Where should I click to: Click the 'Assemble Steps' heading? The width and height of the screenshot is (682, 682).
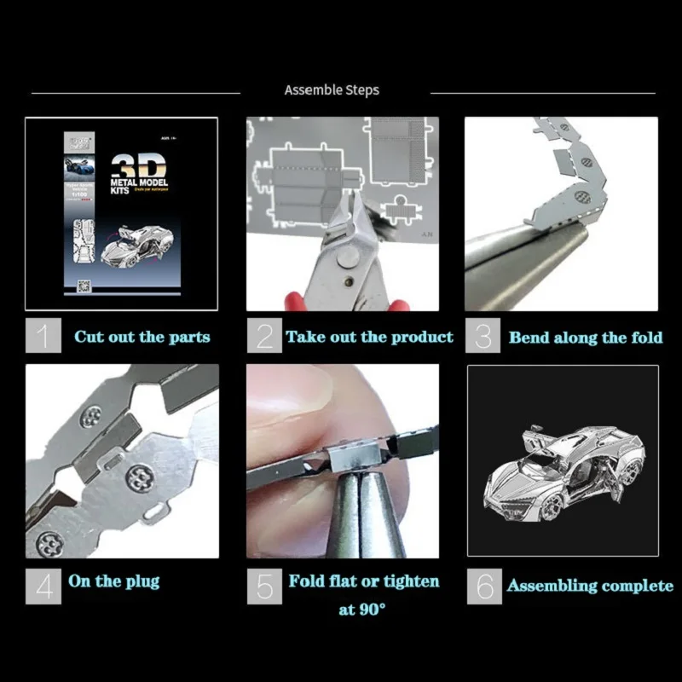[332, 90]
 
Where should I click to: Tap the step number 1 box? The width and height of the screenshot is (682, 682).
[43, 336]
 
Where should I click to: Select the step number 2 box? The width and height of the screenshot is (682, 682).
[264, 336]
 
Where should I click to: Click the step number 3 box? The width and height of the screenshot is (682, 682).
[483, 336]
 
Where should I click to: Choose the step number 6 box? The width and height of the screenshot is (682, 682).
[485, 586]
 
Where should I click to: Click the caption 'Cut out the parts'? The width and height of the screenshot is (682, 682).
[142, 337]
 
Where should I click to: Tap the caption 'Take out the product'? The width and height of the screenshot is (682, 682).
[369, 337]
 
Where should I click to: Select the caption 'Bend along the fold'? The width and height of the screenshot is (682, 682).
[585, 338]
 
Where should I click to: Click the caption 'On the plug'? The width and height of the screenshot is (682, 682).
[113, 581]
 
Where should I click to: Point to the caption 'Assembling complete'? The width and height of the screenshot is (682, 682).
[590, 586]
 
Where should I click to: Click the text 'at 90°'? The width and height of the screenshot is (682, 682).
[361, 610]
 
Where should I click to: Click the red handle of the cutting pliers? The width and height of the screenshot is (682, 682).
[295, 300]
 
